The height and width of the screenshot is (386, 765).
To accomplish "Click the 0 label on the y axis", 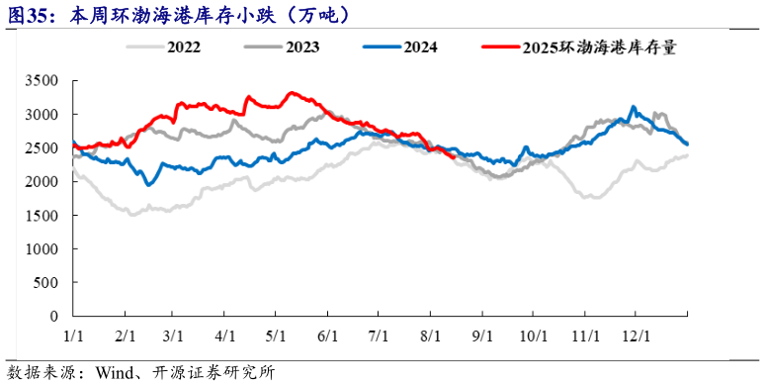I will click(55, 316).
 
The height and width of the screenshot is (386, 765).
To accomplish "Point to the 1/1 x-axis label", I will click(73, 335).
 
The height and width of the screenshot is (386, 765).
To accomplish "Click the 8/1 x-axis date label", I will click(430, 335).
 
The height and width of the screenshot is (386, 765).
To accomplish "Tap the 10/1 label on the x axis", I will click(533, 335).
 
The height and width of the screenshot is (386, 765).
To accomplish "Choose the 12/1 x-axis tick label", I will click(636, 335).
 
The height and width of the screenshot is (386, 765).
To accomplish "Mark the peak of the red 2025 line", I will click(291, 93).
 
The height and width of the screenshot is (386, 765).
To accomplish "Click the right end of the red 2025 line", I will click(453, 156).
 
